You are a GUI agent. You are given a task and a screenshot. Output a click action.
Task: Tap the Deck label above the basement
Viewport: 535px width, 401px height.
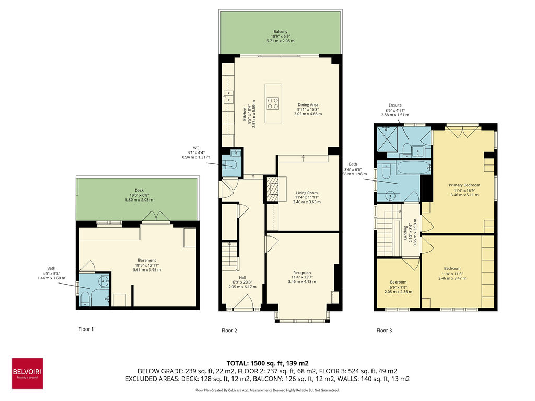pos(138,191)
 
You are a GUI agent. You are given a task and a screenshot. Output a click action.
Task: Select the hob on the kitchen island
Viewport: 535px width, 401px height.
pos(273,103)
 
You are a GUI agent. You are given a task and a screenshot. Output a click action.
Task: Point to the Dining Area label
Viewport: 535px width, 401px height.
pos(308,104)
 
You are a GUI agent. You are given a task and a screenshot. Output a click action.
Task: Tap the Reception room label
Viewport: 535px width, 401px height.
pos(302,273)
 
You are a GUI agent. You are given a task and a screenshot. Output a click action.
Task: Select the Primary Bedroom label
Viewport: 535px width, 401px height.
pos(464,185)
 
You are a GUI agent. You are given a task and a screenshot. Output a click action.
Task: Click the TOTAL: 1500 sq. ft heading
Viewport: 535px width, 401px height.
pos(267,362)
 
